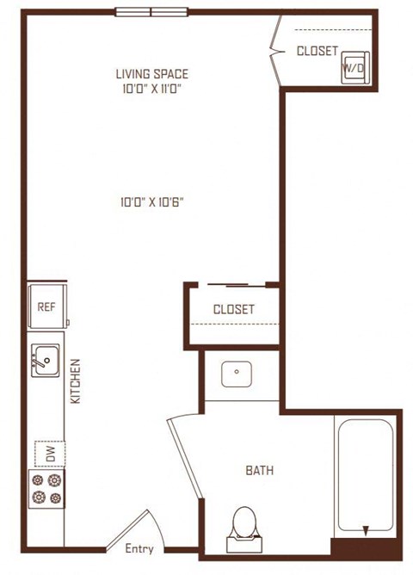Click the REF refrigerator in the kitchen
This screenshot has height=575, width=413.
47,306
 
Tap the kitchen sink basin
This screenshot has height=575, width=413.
45,360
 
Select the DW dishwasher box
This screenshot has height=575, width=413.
50,454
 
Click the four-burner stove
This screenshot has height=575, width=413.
46,489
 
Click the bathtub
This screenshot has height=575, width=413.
366,476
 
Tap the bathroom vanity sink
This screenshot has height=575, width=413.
237,374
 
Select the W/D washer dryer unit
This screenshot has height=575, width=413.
354,68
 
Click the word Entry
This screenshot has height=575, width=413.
139,548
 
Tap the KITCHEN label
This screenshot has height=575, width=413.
75,381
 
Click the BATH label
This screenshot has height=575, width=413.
260,470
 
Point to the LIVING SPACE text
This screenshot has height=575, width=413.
152,74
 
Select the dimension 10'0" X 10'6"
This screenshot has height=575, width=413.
151,202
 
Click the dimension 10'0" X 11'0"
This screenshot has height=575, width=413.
152,89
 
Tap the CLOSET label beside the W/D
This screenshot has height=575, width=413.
317,51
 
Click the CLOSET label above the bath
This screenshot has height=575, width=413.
234,309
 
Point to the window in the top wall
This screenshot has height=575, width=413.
151,12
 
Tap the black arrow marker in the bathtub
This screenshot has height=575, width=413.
366,530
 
